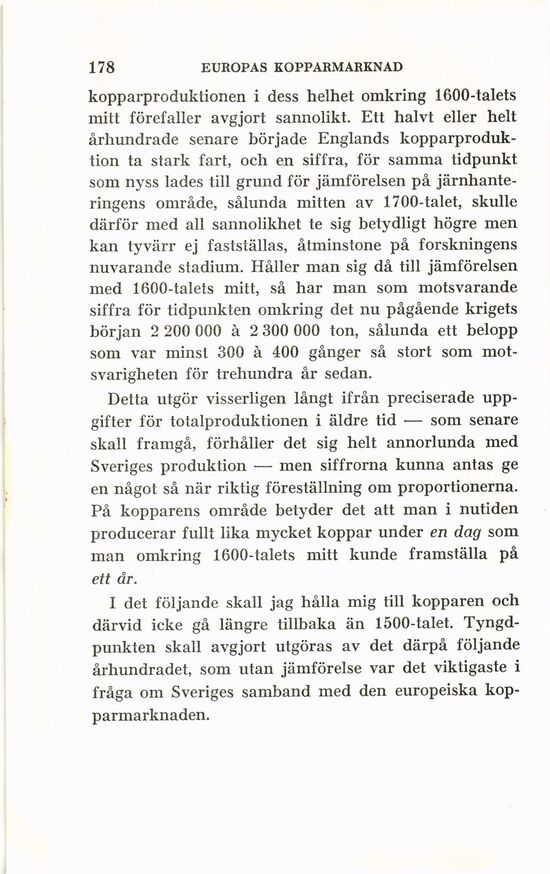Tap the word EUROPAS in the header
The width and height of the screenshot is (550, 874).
point(233,69)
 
